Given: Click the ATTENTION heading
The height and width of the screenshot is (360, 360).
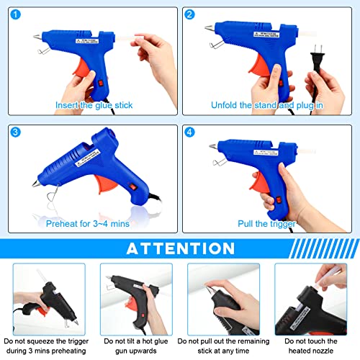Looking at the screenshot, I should (x=179, y=248).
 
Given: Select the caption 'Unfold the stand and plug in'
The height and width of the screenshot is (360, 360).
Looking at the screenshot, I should (x=266, y=105).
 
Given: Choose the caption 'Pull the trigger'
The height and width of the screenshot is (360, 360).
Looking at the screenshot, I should (x=266, y=223).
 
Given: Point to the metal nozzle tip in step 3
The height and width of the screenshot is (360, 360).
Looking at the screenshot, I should (x=34, y=184).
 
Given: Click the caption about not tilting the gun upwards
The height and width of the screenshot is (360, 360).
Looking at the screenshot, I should (x=137, y=344).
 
